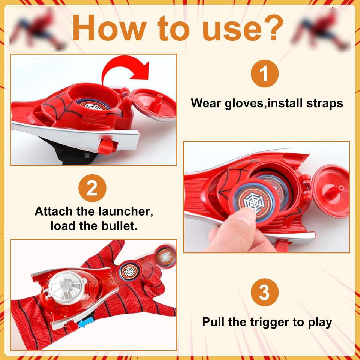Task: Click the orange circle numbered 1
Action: tap(265, 73)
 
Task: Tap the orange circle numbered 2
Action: tap(92, 188)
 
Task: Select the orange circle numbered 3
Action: tap(265, 292)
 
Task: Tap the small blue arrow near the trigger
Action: tap(84, 324)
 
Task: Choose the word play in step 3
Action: tap(320, 322)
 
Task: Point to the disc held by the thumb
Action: tap(254, 202)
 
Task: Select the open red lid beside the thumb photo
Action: tap(331, 191)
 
